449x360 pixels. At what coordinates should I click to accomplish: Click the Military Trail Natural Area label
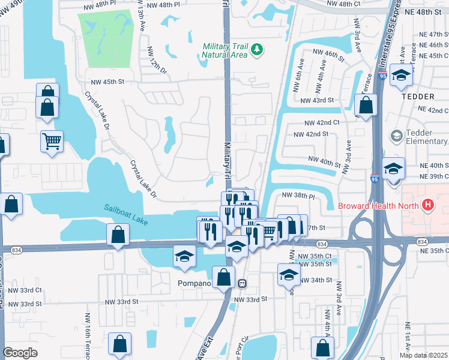225,50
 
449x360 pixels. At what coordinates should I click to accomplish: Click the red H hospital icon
427,205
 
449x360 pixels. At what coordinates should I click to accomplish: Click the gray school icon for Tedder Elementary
396,136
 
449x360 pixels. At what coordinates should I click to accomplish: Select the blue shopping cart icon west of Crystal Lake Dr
52,142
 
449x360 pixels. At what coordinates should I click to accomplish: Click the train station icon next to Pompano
243,283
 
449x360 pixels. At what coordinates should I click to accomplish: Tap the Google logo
20,353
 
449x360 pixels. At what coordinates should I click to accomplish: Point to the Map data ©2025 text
423,355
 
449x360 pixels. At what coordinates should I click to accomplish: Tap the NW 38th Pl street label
298,196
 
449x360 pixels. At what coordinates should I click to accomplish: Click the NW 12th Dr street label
157,65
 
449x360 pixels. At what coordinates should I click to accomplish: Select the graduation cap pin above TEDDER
400,76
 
